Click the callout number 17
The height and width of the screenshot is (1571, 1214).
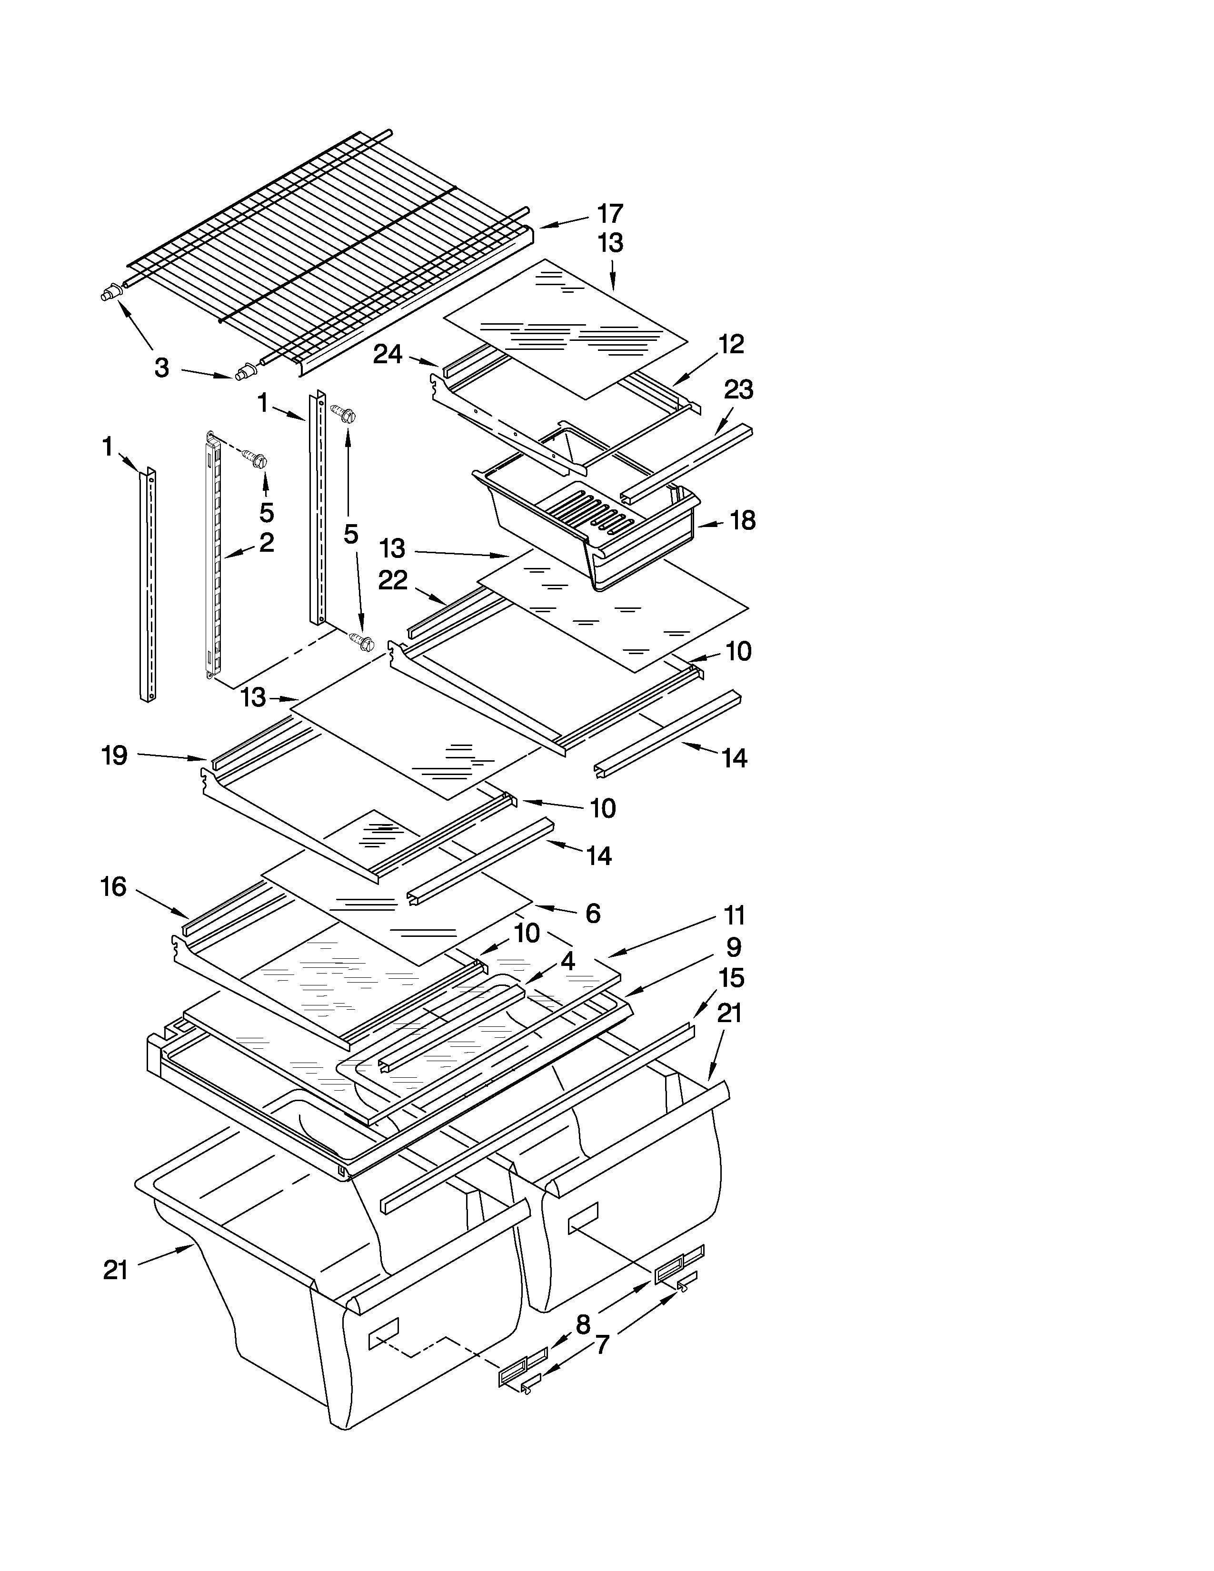click(610, 214)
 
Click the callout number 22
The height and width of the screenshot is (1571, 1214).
click(393, 580)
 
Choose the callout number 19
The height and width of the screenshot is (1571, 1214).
click(115, 756)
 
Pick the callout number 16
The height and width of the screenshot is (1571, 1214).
click(114, 887)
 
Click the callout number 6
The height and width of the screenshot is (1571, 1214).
click(593, 914)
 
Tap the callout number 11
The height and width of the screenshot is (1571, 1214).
click(734, 915)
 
